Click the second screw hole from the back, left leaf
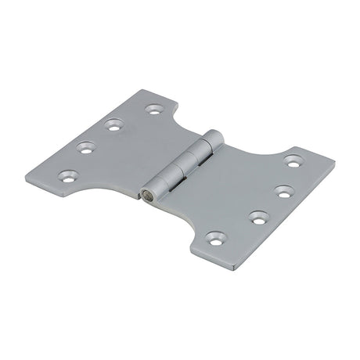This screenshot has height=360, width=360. [115, 123]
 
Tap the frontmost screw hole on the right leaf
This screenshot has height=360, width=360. [213, 235]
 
